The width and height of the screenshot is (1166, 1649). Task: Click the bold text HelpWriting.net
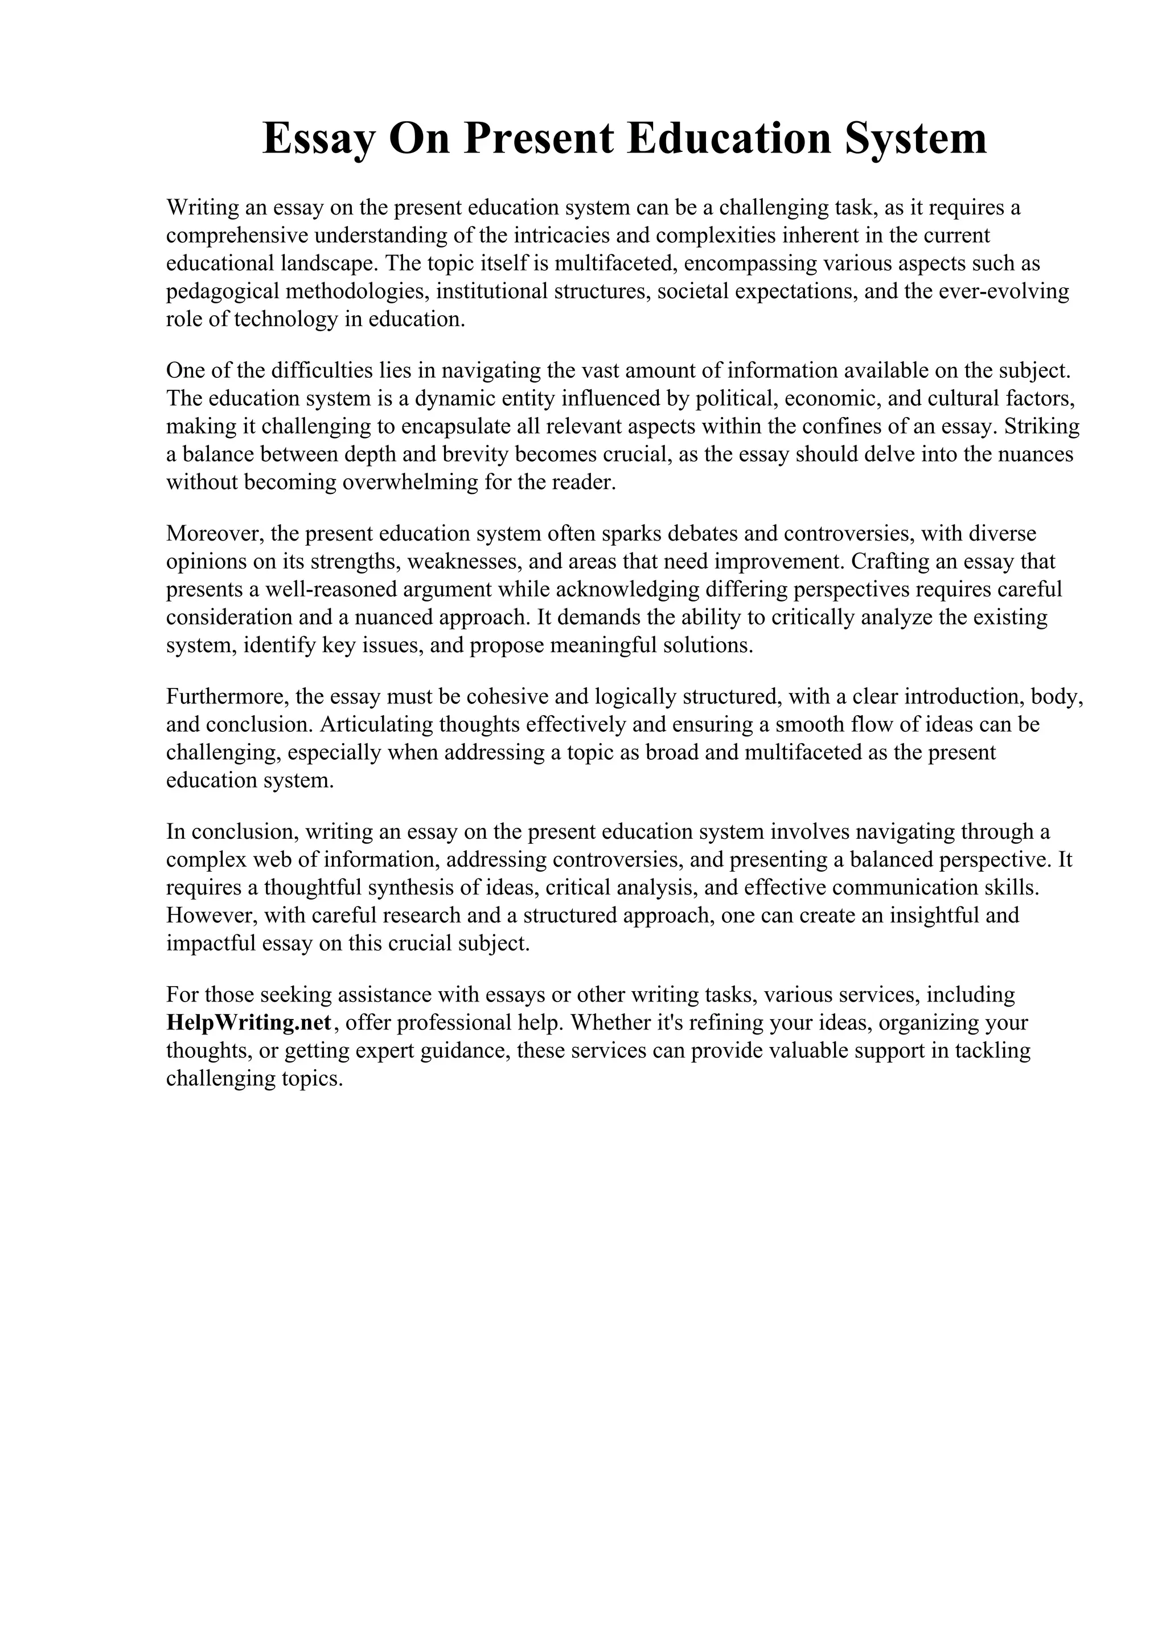click(249, 1023)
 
